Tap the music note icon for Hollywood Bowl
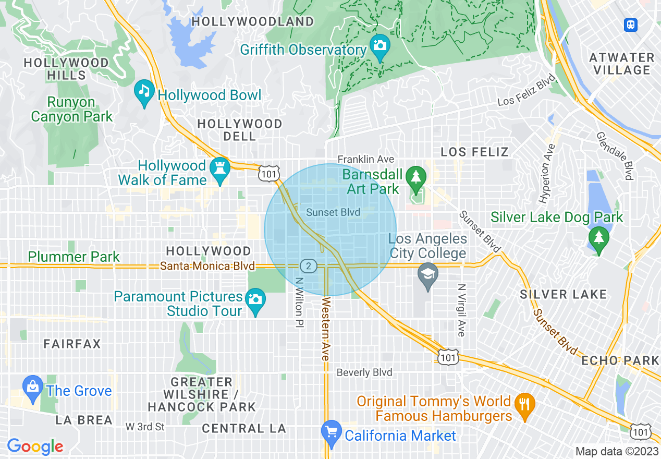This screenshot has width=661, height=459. [x=143, y=91]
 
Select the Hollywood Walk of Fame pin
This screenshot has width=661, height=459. [x=220, y=170]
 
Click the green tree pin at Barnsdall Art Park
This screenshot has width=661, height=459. [x=415, y=176]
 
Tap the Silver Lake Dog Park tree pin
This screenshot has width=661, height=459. [x=599, y=239]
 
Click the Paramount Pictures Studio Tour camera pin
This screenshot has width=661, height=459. [x=255, y=300]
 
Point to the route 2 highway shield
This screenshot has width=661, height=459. [x=309, y=267]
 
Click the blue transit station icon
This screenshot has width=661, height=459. [x=631, y=25]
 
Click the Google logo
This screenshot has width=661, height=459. [x=35, y=446]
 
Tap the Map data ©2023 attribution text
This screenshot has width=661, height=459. [x=616, y=451]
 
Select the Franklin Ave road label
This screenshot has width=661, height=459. [x=365, y=159]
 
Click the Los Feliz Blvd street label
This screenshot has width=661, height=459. [x=526, y=94]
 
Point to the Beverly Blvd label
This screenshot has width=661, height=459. [x=364, y=372]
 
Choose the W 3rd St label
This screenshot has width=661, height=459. [x=145, y=427]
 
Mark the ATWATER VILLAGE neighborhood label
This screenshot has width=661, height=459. [x=621, y=64]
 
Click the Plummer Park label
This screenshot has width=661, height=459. [x=74, y=257]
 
